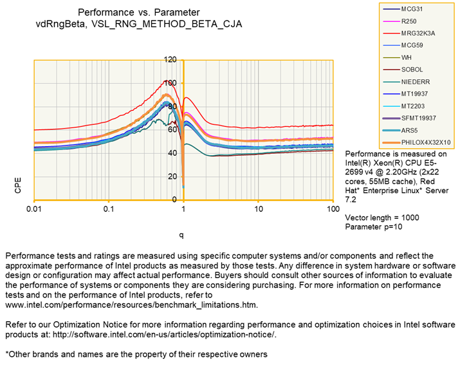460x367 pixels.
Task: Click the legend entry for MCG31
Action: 414,10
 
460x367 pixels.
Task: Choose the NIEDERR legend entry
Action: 416,82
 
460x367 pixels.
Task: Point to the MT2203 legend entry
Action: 414,106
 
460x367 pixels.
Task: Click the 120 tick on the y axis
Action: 170,60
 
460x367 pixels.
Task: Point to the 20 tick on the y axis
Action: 172,176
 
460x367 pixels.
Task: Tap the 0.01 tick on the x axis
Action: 34,211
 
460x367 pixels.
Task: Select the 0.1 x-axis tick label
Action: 109,211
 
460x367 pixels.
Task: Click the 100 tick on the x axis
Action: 333,211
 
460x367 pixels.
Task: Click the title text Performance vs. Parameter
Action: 139,12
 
